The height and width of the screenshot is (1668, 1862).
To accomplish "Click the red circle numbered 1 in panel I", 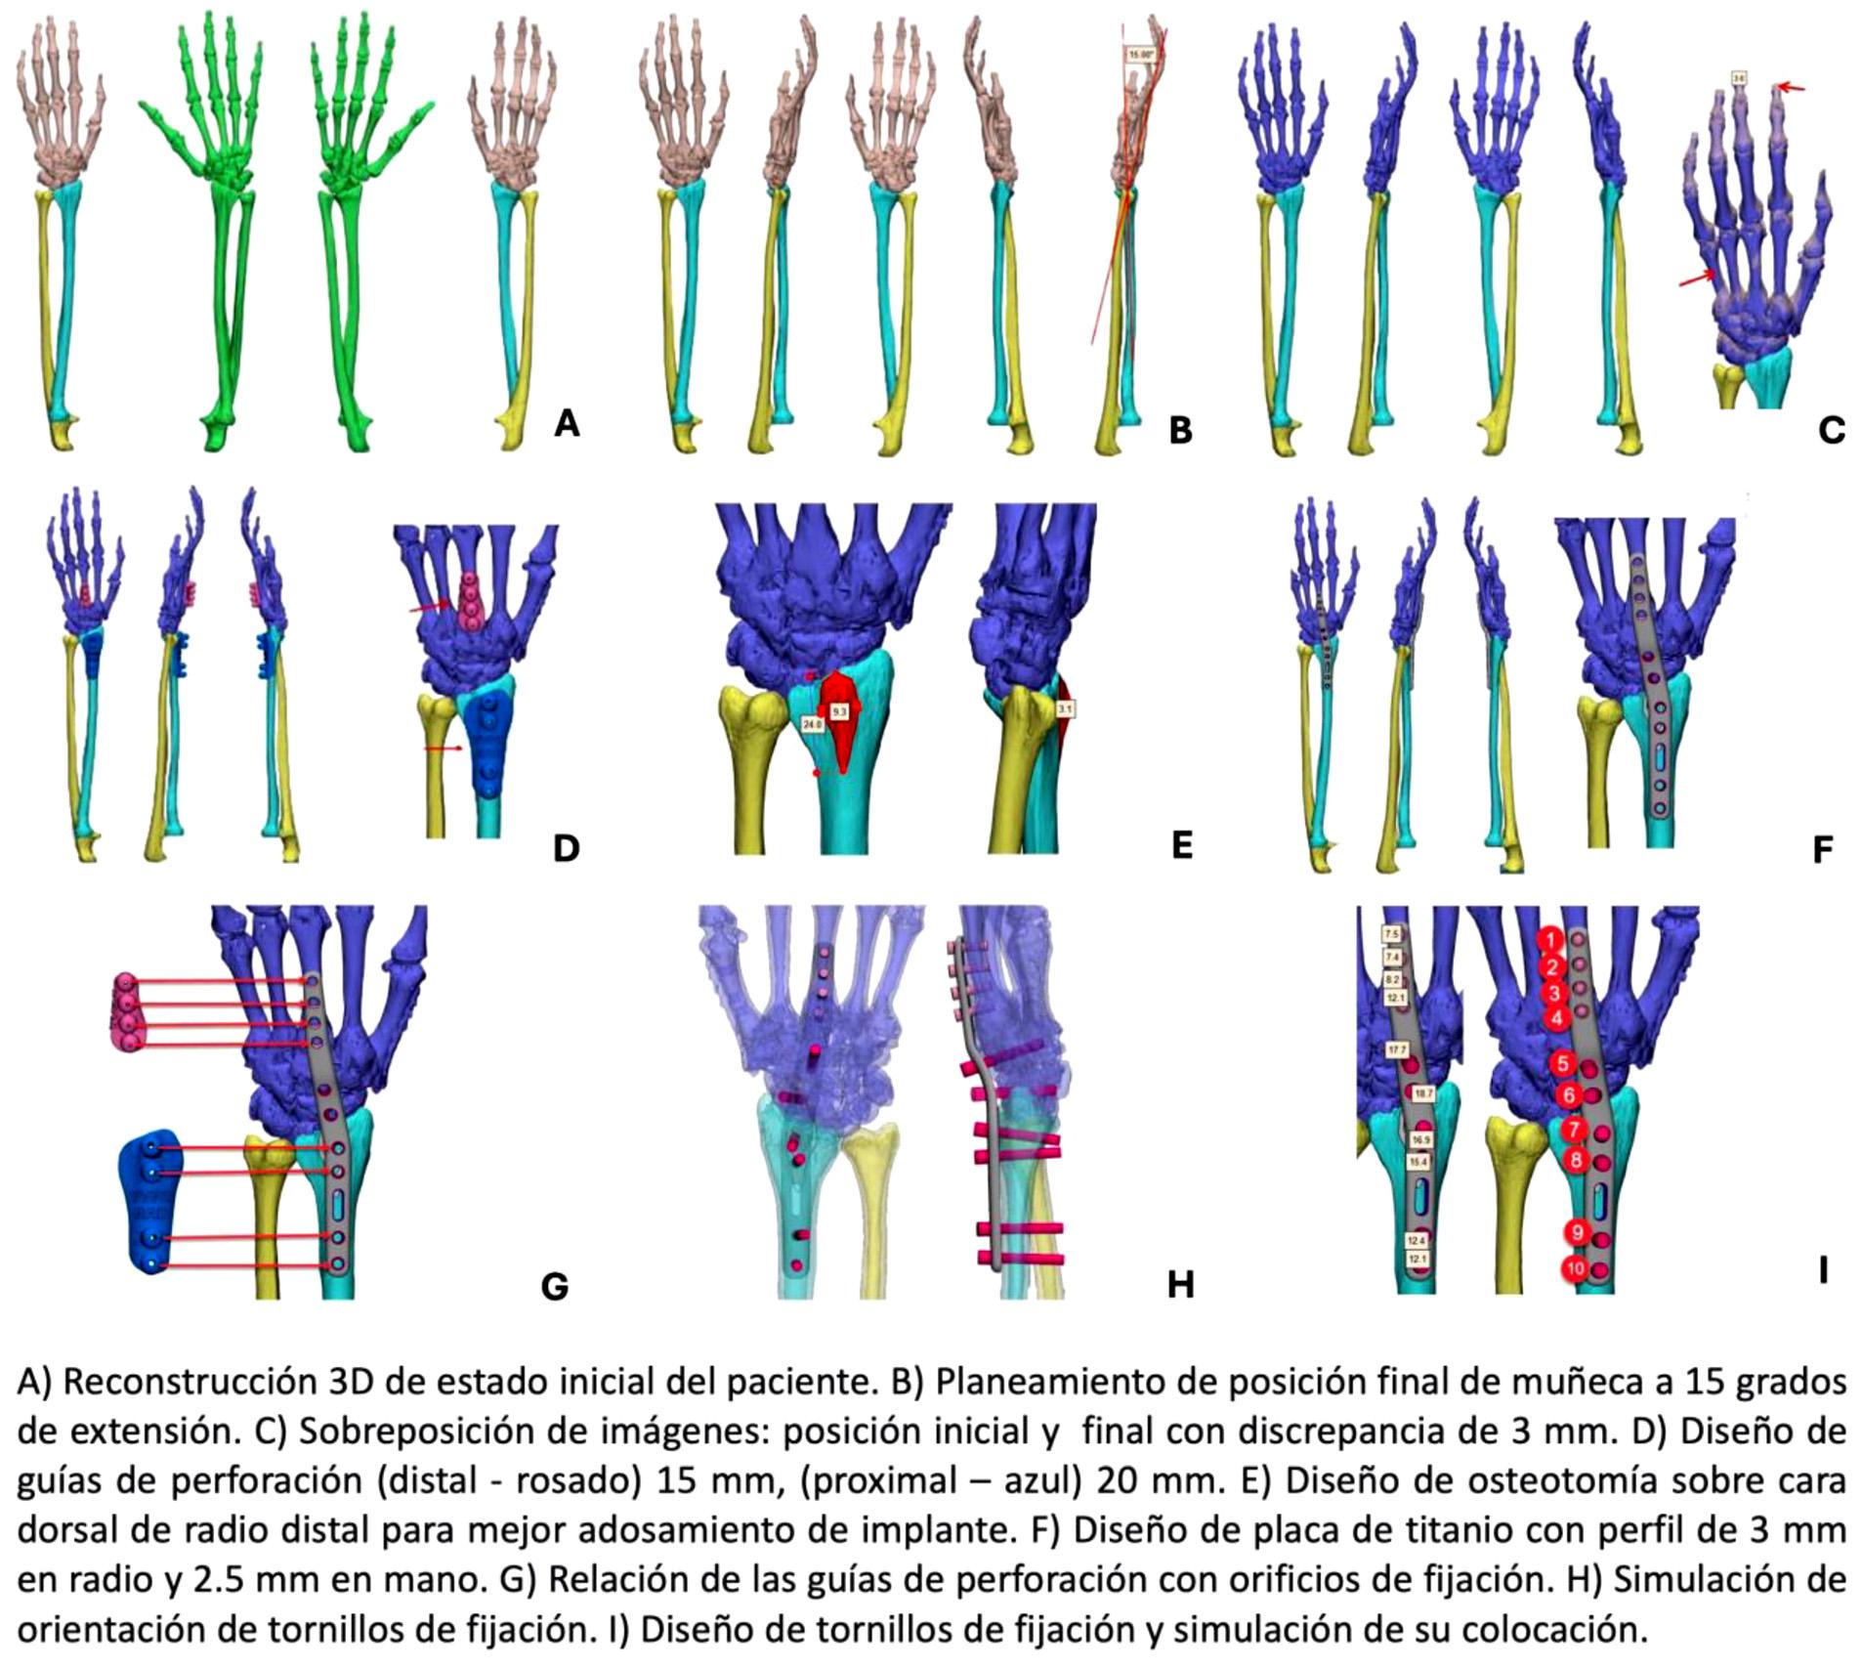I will click(x=1549, y=939).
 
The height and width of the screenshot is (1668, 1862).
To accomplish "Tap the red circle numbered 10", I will click(x=1575, y=1269).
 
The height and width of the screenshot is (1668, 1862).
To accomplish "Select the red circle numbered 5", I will click(x=1562, y=1064).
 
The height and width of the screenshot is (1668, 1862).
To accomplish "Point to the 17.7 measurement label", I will click(x=1396, y=1049).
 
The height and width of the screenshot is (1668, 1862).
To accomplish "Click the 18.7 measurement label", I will click(x=1423, y=1093).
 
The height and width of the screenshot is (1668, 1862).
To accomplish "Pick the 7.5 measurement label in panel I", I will click(x=1391, y=934).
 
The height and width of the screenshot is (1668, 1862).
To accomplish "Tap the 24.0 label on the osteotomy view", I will click(x=812, y=724).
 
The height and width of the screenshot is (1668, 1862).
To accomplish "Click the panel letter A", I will click(x=567, y=423).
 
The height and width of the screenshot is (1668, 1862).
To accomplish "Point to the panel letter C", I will click(x=1831, y=430).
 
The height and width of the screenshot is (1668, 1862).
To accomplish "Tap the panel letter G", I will click(x=554, y=1286).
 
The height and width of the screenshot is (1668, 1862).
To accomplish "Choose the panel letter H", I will click(x=1180, y=1284).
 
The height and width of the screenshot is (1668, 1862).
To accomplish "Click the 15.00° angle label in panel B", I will click(x=1140, y=55).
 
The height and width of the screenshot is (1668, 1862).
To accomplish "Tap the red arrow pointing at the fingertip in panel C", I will click(x=1790, y=89).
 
